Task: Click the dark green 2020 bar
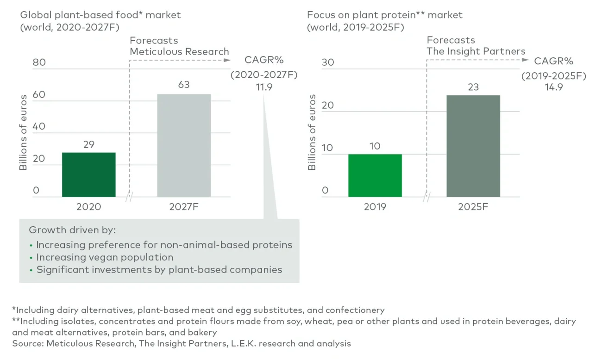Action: point(88,174)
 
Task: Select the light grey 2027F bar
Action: point(184,145)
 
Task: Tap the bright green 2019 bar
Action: point(375,175)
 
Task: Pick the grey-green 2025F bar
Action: point(473,146)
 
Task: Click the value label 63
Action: point(184,85)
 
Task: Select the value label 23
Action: point(473,87)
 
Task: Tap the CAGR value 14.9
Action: point(554,87)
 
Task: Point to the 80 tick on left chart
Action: point(39,62)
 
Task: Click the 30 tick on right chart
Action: point(327,62)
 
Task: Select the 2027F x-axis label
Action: point(184,207)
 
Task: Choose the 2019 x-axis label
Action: point(375,207)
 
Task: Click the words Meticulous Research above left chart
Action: point(179,51)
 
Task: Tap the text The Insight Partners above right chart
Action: point(476,51)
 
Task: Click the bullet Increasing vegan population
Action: point(105,257)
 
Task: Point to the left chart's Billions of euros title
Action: point(23,133)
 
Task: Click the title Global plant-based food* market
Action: point(100,15)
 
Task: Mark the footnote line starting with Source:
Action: point(182,343)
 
